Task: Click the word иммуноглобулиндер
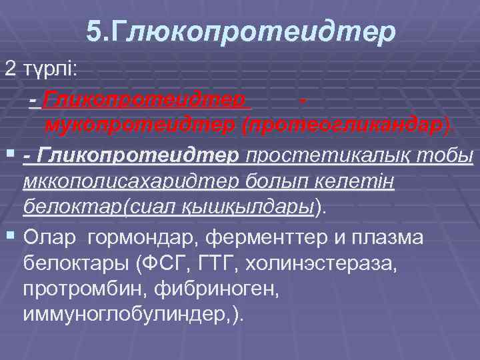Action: pyautogui.click(x=125, y=315)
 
